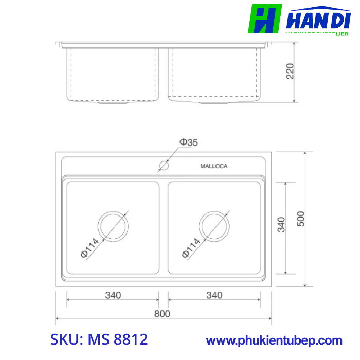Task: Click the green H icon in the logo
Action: pyautogui.click(x=265, y=19)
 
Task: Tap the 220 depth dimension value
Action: pyautogui.click(x=290, y=71)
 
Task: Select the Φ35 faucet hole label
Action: pyautogui.click(x=188, y=142)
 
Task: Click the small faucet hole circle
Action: pyautogui.click(x=164, y=166)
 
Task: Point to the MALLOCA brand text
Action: pyautogui.click(x=213, y=166)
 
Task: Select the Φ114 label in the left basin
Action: pyautogui.click(x=89, y=248)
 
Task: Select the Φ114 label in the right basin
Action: pyautogui.click(x=191, y=247)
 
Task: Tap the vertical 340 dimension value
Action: pyautogui.click(x=281, y=225)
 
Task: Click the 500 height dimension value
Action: pyautogui.click(x=301, y=219)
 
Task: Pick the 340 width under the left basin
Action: pyautogui.click(x=113, y=295)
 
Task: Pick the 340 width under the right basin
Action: pyautogui.click(x=214, y=295)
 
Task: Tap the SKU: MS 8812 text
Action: pyautogui.click(x=99, y=339)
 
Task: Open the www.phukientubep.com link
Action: pyautogui.click(x=274, y=340)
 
